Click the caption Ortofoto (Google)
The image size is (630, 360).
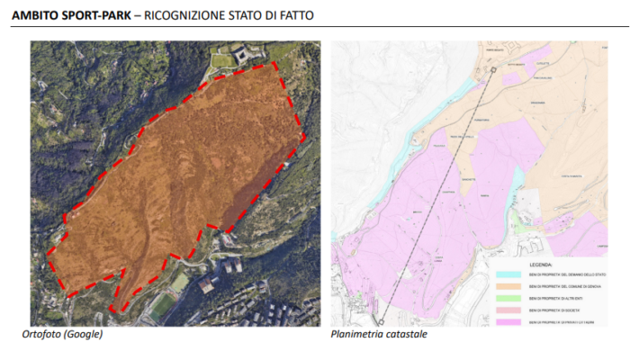coord(62,335)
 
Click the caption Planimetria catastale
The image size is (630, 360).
coord(379,335)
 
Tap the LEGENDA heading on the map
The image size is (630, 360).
coord(541,265)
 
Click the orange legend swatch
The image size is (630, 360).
coord(508,285)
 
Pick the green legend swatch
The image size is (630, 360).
coord(508,297)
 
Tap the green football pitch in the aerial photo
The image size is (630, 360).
coord(163,307)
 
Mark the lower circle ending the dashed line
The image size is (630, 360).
coord(381,320)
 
